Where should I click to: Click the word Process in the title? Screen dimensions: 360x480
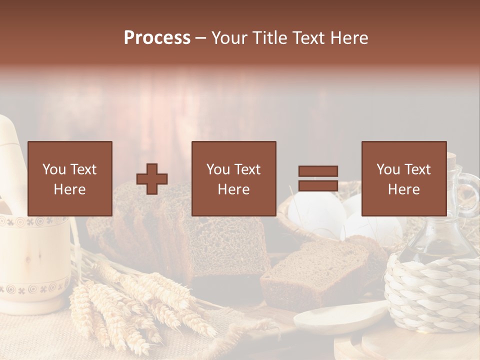157,38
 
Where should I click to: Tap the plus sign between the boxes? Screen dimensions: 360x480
152,179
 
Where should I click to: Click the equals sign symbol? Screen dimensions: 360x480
318,179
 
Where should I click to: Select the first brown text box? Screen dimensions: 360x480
70,179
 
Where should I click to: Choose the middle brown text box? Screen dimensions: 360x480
234,179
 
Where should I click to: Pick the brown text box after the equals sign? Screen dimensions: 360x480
404,179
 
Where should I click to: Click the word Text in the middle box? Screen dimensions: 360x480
247,170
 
